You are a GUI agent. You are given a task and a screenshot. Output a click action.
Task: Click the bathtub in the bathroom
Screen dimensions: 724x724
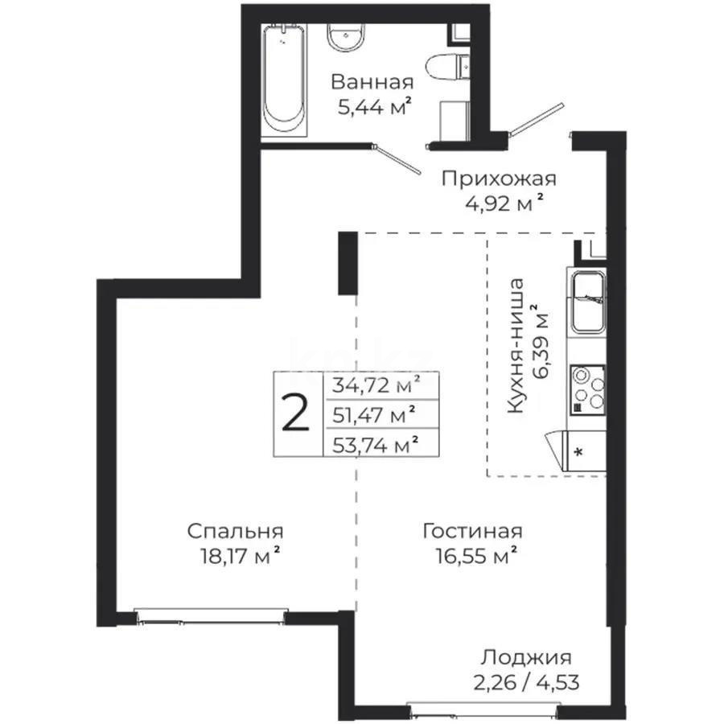[x=284, y=80]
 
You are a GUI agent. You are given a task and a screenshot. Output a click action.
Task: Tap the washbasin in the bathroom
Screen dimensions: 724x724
[x=346, y=37]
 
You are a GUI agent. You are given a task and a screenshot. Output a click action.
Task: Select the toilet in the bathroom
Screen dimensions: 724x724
[x=447, y=67]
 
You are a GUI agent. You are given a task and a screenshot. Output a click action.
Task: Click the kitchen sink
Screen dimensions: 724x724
[x=588, y=302]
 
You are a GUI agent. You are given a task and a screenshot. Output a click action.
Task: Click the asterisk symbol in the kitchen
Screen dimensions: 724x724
[x=578, y=452]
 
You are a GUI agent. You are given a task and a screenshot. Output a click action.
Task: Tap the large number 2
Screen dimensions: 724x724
[x=295, y=413]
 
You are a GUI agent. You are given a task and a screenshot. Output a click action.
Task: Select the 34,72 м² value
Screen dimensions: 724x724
[x=376, y=385]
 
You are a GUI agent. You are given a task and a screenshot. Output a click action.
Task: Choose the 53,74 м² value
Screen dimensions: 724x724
[x=376, y=445]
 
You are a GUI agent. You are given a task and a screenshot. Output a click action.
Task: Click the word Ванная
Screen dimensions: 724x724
[x=372, y=83]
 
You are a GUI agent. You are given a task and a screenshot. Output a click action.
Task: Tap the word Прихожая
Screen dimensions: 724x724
[x=499, y=179]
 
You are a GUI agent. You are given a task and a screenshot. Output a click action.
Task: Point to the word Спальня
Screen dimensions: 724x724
[x=236, y=532]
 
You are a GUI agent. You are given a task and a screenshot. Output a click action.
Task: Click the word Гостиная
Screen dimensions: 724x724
[x=473, y=532]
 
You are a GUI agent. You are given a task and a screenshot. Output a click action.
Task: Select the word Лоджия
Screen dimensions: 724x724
[x=526, y=657]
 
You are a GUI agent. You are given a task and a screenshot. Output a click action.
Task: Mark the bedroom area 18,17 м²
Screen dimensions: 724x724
[x=240, y=555]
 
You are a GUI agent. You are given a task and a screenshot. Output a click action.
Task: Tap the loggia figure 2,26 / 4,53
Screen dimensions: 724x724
[x=526, y=682]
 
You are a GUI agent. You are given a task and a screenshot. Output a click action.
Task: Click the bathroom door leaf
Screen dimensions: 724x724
[x=397, y=159]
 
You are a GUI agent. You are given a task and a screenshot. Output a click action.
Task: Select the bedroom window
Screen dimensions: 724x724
[x=211, y=615]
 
